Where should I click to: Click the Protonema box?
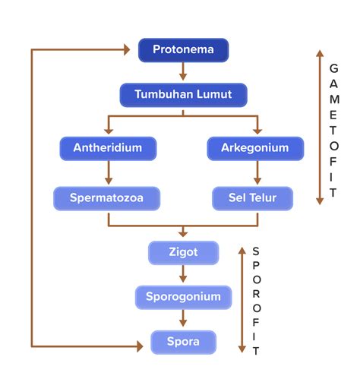coord(183,51)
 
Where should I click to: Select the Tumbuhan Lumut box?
coord(183,95)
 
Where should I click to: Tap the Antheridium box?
coord(107,148)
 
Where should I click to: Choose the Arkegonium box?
coord(255,148)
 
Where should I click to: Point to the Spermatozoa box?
coord(107,199)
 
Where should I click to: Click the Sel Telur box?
coord(255,199)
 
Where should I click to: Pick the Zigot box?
coord(183,252)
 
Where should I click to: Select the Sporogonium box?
coord(183,297)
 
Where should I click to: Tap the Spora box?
coord(183,342)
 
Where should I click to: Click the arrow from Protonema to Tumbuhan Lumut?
coord(183,72)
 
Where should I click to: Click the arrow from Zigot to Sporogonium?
coord(183,274)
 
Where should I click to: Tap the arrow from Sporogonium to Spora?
coord(183,319)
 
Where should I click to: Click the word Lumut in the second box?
coord(213,95)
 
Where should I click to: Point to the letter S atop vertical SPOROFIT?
coord(255,251)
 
